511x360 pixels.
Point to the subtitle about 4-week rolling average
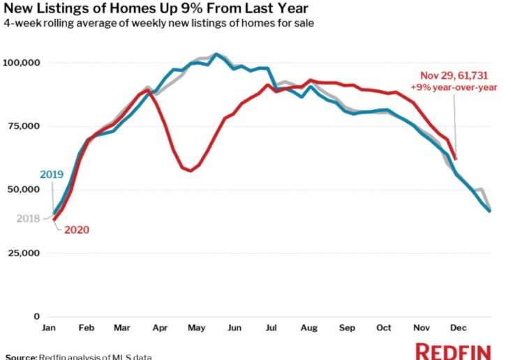click(158, 24)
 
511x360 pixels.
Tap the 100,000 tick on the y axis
click(23, 63)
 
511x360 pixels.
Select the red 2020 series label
click(77, 230)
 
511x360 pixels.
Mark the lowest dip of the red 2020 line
click(190, 170)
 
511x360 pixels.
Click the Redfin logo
click(453, 350)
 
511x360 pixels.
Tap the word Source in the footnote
click(21, 357)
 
